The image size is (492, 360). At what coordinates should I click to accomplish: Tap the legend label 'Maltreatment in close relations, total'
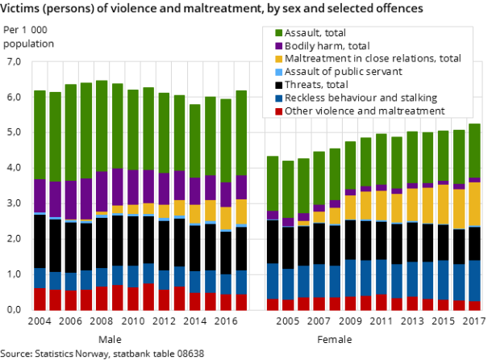[373, 59]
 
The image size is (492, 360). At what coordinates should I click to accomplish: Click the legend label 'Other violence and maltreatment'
[365, 111]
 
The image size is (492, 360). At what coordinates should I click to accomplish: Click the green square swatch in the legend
[278, 33]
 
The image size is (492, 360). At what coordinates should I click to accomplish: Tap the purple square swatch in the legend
[278, 46]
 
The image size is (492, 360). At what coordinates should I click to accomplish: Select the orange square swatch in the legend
[278, 59]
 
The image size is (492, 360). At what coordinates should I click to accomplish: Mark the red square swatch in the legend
[278, 111]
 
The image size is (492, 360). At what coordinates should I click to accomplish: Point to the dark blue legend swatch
[278, 98]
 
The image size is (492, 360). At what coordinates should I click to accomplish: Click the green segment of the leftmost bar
[40, 134]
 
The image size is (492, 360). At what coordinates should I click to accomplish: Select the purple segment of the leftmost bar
[40, 195]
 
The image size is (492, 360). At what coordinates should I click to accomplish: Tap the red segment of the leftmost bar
[40, 299]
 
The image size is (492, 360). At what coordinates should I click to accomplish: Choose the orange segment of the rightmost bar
[474, 203]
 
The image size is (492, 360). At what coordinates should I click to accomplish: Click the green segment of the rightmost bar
[474, 150]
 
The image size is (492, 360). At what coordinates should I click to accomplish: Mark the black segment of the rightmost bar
[474, 243]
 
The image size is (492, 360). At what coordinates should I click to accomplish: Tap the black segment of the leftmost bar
[40, 241]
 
